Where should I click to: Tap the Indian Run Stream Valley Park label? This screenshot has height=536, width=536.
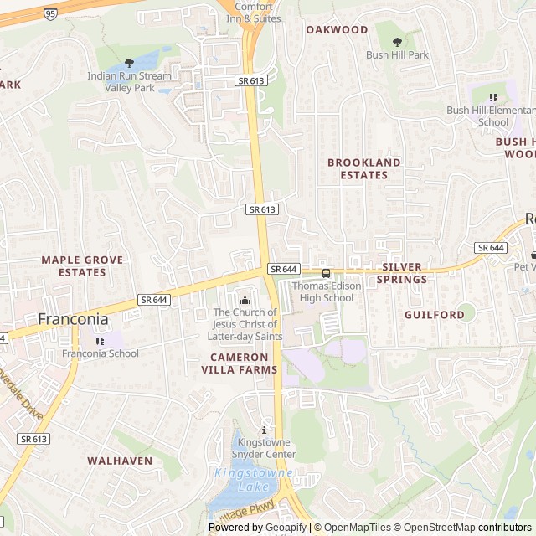pyautogui.click(x=129, y=81)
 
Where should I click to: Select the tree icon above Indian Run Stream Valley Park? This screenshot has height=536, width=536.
pyautogui.click(x=129, y=63)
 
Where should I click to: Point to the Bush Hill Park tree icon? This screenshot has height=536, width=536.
pyautogui.click(x=397, y=40)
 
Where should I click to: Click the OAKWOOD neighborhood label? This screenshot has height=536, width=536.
pyautogui.click(x=337, y=29)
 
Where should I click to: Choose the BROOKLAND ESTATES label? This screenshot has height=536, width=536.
pyautogui.click(x=363, y=168)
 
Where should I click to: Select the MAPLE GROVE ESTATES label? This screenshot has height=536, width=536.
pyautogui.click(x=82, y=266)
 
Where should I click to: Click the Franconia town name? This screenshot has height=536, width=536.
pyautogui.click(x=73, y=319)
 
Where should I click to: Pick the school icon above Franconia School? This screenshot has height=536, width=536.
pyautogui.click(x=100, y=340)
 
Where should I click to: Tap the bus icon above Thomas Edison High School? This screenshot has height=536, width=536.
pyautogui.click(x=326, y=273)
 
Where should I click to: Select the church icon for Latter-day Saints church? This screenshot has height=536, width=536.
pyautogui.click(x=245, y=301)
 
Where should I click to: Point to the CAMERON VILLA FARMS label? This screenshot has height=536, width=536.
pyautogui.click(x=239, y=363)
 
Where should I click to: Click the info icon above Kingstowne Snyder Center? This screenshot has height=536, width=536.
pyautogui.click(x=265, y=430)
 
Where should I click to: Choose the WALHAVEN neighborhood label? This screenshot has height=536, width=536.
pyautogui.click(x=120, y=461)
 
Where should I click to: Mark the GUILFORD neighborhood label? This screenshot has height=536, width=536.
pyautogui.click(x=434, y=315)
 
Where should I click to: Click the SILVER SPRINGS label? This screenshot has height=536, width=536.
pyautogui.click(x=404, y=273)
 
